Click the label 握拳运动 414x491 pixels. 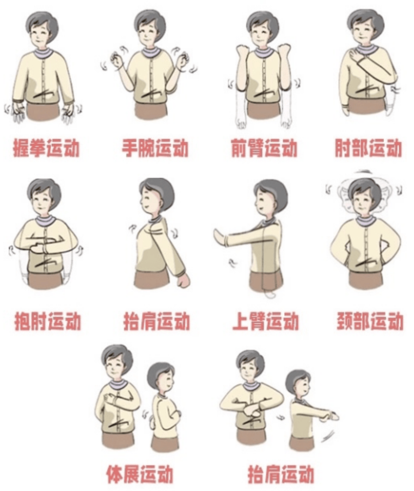(47, 149)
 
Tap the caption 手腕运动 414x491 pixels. (155, 149)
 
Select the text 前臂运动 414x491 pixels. (264, 149)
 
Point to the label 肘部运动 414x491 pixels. (369, 149)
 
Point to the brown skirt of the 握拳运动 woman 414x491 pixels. (43, 111)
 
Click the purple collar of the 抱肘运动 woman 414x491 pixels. (44, 221)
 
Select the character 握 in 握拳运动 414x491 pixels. (22, 149)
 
